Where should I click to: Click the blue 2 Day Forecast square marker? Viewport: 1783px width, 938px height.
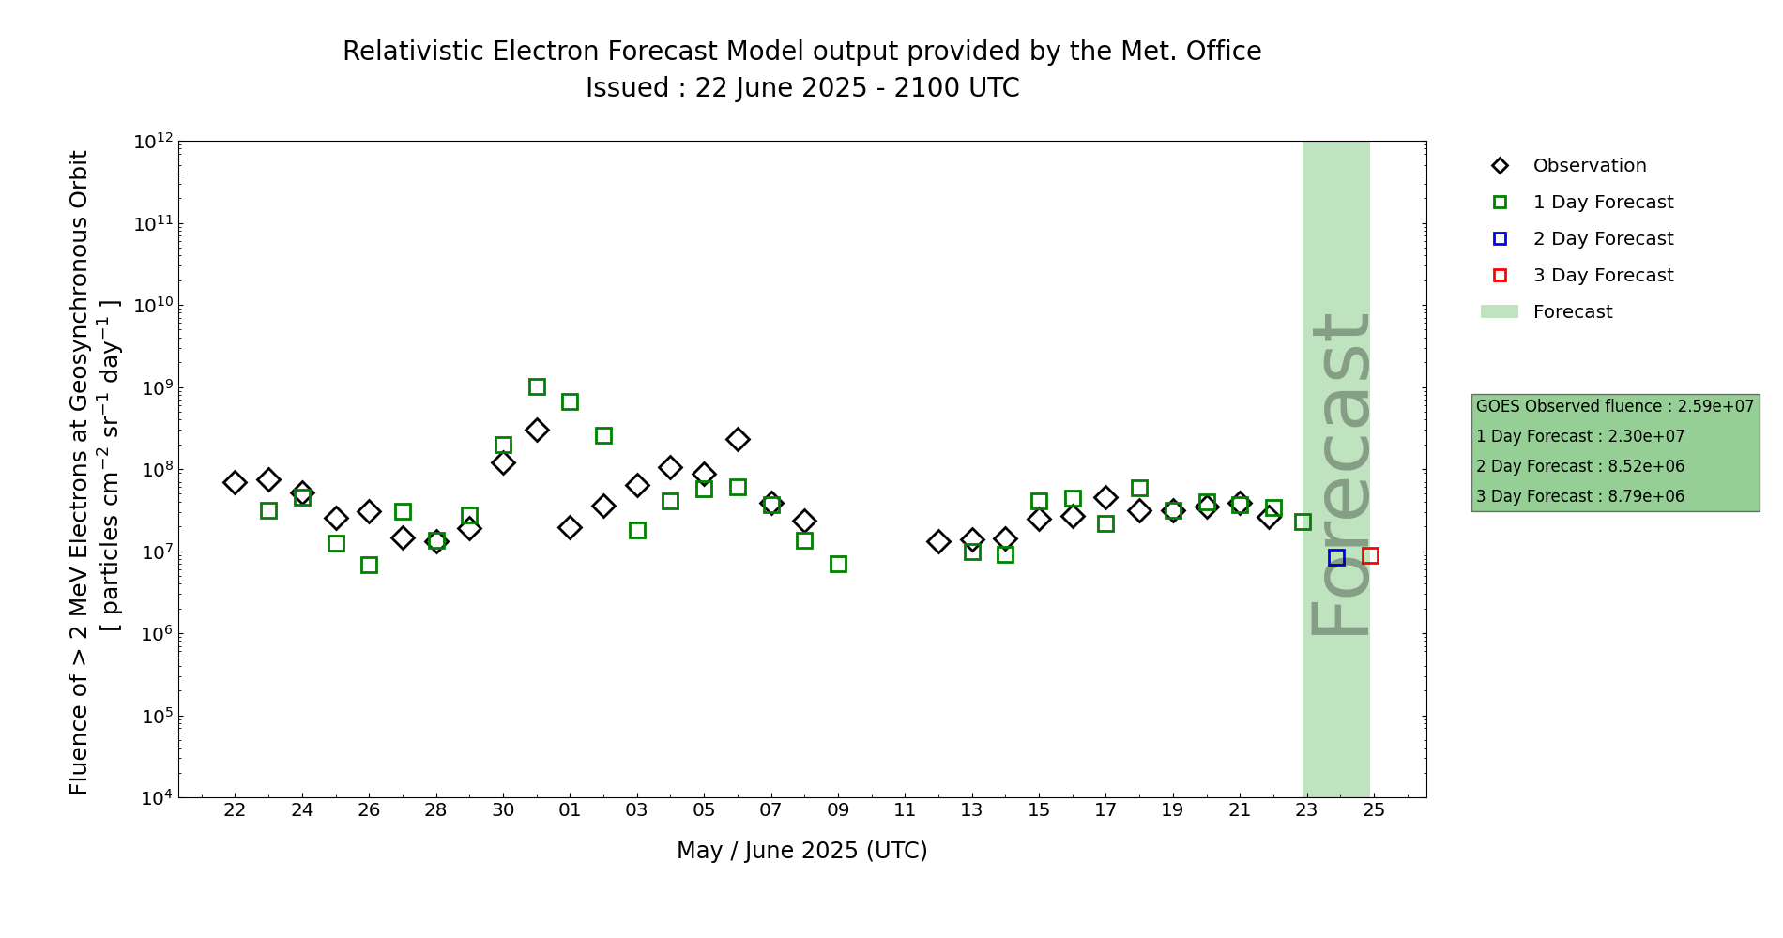(1336, 557)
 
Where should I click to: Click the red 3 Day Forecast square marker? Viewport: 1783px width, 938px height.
(1370, 555)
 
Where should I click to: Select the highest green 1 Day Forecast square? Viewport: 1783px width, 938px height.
(537, 386)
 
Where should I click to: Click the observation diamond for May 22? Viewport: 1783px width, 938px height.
(235, 482)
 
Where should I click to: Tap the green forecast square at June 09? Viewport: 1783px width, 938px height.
(838, 564)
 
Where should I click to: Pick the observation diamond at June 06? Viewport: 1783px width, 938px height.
(738, 439)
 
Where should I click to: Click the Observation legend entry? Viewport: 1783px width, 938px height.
(1589, 166)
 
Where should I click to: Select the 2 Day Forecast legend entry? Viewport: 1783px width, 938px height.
(1603, 239)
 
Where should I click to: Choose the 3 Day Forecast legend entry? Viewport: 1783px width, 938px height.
(1603, 276)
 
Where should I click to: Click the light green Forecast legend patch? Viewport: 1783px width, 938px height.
(1499, 311)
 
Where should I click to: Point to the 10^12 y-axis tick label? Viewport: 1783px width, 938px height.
(153, 142)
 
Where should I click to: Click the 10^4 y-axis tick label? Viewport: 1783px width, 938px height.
(153, 798)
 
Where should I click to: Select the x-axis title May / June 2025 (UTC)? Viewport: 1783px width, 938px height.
(801, 851)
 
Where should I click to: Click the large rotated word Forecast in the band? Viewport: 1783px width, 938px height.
(1340, 474)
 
